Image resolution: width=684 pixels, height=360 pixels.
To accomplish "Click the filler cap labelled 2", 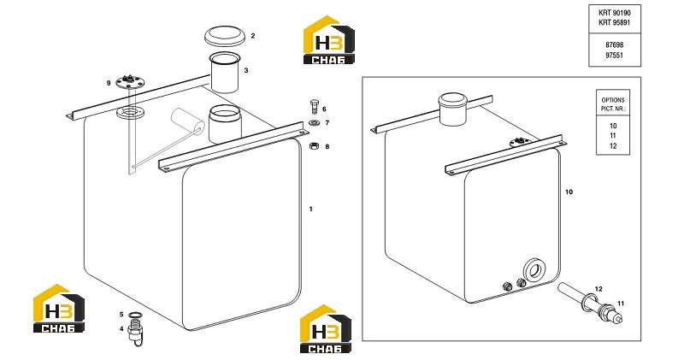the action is [x=224, y=36].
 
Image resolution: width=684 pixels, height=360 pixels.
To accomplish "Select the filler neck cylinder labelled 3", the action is [x=224, y=72].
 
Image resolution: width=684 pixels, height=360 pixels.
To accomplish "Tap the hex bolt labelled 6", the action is [x=314, y=107].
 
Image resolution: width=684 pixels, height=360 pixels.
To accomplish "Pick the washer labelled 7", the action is [x=314, y=122].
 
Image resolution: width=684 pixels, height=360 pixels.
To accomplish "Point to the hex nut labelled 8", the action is [x=314, y=145].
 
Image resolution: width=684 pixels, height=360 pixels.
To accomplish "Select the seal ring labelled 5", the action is [x=134, y=315].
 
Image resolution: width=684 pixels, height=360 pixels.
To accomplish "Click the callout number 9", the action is [x=109, y=83].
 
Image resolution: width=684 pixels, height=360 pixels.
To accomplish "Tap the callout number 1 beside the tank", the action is [x=311, y=209].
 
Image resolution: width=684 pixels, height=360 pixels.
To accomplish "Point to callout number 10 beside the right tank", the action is [x=569, y=192].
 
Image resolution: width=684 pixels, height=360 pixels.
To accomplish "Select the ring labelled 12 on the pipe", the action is [x=589, y=299].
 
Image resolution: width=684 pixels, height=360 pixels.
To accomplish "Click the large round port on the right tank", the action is [x=534, y=270].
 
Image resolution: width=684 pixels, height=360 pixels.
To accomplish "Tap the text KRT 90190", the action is [x=614, y=13].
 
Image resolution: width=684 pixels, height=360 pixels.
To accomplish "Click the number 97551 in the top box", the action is [x=614, y=56].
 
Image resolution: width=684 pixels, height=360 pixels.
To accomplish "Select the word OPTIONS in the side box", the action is [x=613, y=100].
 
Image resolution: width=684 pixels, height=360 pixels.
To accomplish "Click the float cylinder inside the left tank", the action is [x=187, y=121].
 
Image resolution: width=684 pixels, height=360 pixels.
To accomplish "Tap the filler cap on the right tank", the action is [x=453, y=109].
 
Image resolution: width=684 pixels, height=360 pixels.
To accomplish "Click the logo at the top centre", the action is [x=329, y=40].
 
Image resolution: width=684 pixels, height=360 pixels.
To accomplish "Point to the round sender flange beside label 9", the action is [x=129, y=82].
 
